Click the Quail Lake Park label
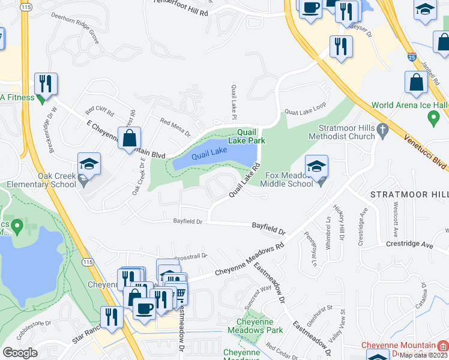click(251, 136)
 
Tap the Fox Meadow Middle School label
click(290, 179)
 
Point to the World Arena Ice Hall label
click(409, 105)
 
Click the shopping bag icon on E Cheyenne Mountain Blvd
click(129, 138)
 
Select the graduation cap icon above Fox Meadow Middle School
click(316, 166)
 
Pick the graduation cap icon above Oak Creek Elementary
click(89, 164)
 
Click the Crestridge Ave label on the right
click(409, 245)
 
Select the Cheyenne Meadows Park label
click(255, 326)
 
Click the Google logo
click(20, 352)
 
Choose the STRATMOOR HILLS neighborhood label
click(408, 195)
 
